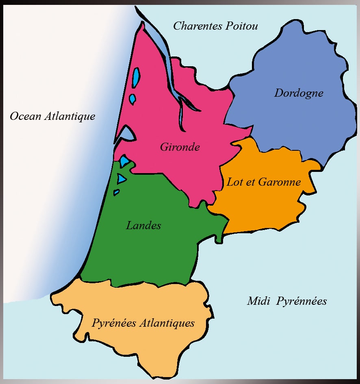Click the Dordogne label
coord(299,93)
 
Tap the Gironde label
coord(180,147)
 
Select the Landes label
coord(143,225)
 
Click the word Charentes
coord(197,26)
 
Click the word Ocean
coord(25,116)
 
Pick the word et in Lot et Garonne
coord(250,182)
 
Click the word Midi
coord(259,301)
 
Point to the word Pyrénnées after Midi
coord(302,302)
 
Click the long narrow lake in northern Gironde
coord(136,77)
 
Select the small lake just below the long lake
coord(132,99)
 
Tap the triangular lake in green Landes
coord(121,178)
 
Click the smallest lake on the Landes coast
coord(116,192)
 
